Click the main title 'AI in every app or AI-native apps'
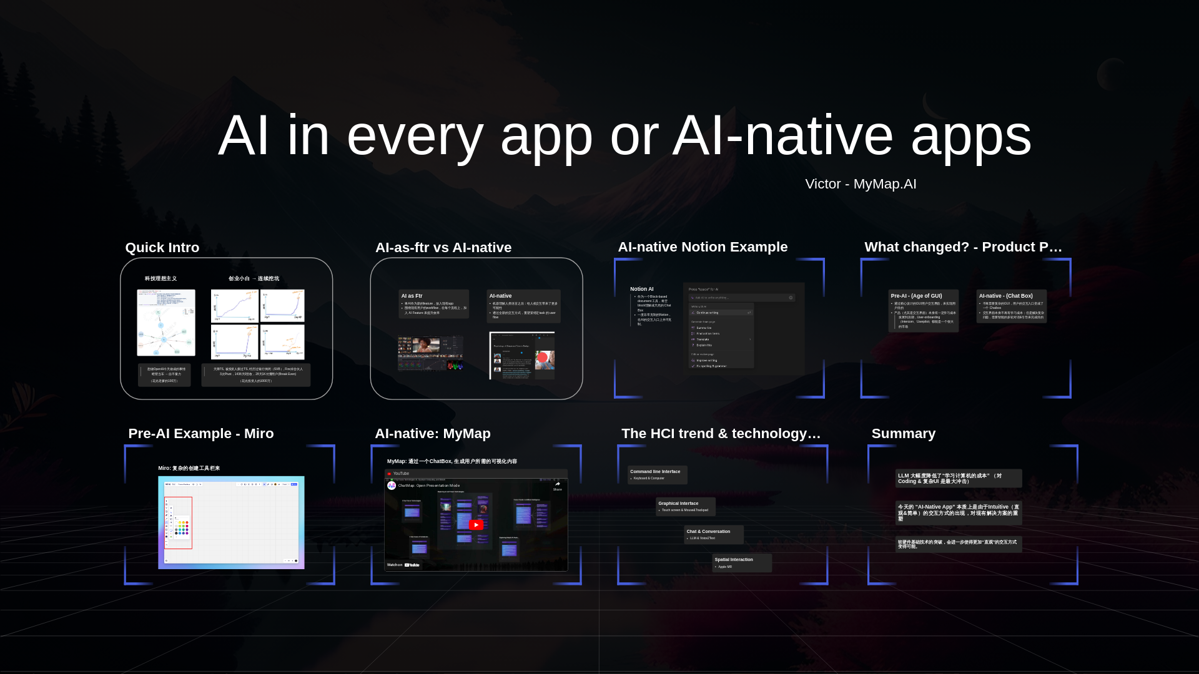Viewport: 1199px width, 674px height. (x=624, y=136)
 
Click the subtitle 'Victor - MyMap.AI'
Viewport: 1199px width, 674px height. (x=861, y=184)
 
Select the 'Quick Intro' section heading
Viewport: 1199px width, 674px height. (x=162, y=248)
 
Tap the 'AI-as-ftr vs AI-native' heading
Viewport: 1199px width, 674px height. (x=443, y=248)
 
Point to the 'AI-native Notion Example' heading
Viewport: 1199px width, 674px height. (x=703, y=247)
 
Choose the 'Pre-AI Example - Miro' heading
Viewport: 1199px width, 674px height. (x=200, y=434)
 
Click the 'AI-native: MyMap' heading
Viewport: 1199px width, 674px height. (x=432, y=434)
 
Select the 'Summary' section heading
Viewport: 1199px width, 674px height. (x=903, y=434)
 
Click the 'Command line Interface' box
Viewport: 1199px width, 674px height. (x=657, y=475)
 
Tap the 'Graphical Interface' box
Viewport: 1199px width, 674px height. (x=685, y=506)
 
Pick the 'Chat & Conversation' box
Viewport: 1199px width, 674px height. (x=713, y=534)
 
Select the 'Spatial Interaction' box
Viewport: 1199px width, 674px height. (x=741, y=562)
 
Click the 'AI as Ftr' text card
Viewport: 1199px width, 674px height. (x=433, y=304)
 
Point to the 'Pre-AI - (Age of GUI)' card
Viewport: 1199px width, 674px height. (x=923, y=310)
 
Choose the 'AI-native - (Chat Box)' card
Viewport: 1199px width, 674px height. (x=1011, y=306)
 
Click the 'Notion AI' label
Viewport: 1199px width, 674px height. (x=642, y=289)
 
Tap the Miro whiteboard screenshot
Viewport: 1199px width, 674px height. (x=231, y=522)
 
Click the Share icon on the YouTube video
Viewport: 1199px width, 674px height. (x=557, y=485)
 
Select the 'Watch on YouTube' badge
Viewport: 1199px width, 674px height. (x=403, y=565)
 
